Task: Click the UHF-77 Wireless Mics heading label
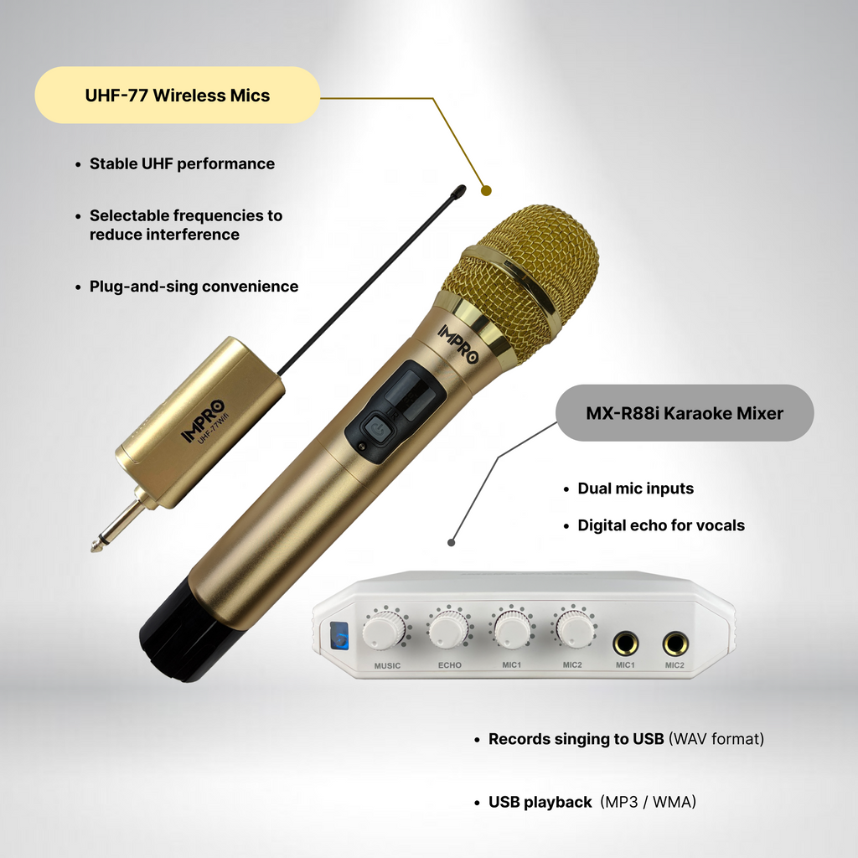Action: [178, 96]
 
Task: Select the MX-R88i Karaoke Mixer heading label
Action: [685, 413]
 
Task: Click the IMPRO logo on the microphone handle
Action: [458, 344]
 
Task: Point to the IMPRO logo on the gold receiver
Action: [203, 421]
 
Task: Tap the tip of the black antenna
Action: [461, 191]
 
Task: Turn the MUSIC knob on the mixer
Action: [385, 630]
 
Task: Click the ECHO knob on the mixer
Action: [448, 629]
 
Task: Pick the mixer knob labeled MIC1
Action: [512, 628]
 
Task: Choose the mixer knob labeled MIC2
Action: [575, 628]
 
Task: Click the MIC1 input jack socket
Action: [625, 643]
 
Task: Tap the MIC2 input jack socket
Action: [675, 643]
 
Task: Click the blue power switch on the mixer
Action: [339, 636]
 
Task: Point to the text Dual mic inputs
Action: [635, 488]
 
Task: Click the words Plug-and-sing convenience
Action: [194, 287]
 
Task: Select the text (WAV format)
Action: [716, 739]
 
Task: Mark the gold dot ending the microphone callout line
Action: [487, 190]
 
